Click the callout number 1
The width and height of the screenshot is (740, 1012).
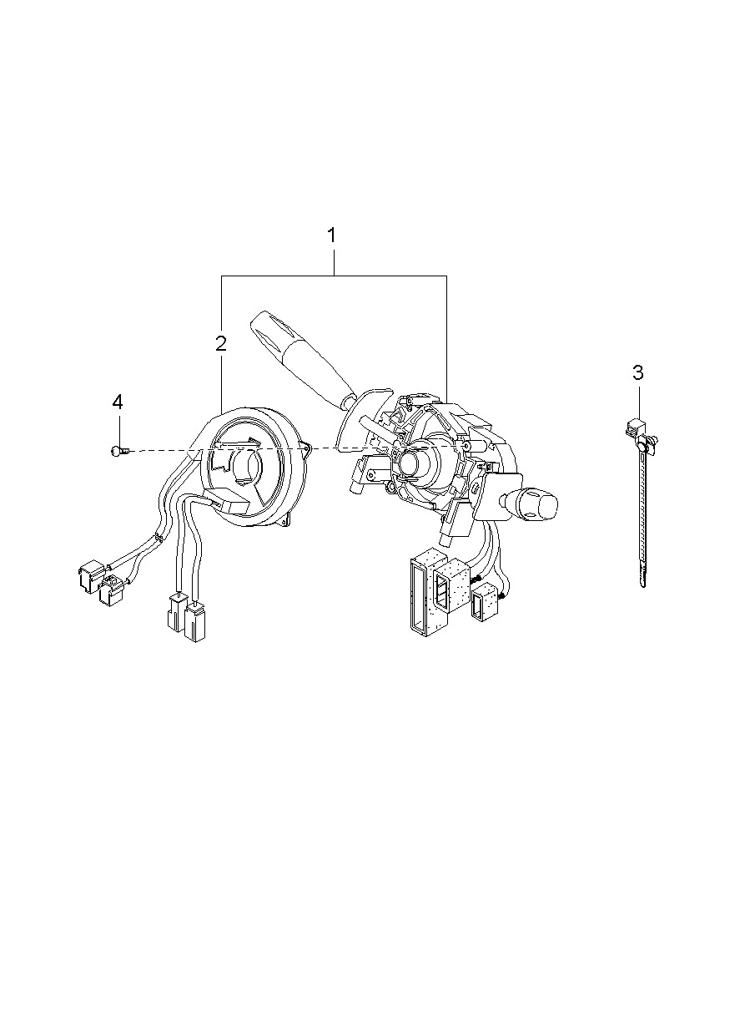(x=332, y=235)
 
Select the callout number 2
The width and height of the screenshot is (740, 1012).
(x=221, y=344)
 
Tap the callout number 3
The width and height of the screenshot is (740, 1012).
(x=637, y=372)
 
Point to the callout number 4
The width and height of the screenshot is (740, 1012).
(x=118, y=402)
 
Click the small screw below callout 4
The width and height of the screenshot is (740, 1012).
(x=120, y=450)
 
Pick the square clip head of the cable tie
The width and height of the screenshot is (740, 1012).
(x=634, y=426)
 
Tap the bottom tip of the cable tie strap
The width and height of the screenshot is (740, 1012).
(x=643, y=586)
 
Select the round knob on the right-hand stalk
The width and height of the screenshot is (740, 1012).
(x=540, y=501)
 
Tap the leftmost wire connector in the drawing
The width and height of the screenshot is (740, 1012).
(x=91, y=576)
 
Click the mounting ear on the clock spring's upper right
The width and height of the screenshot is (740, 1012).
(x=307, y=448)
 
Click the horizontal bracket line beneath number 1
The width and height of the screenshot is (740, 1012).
(x=334, y=276)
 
